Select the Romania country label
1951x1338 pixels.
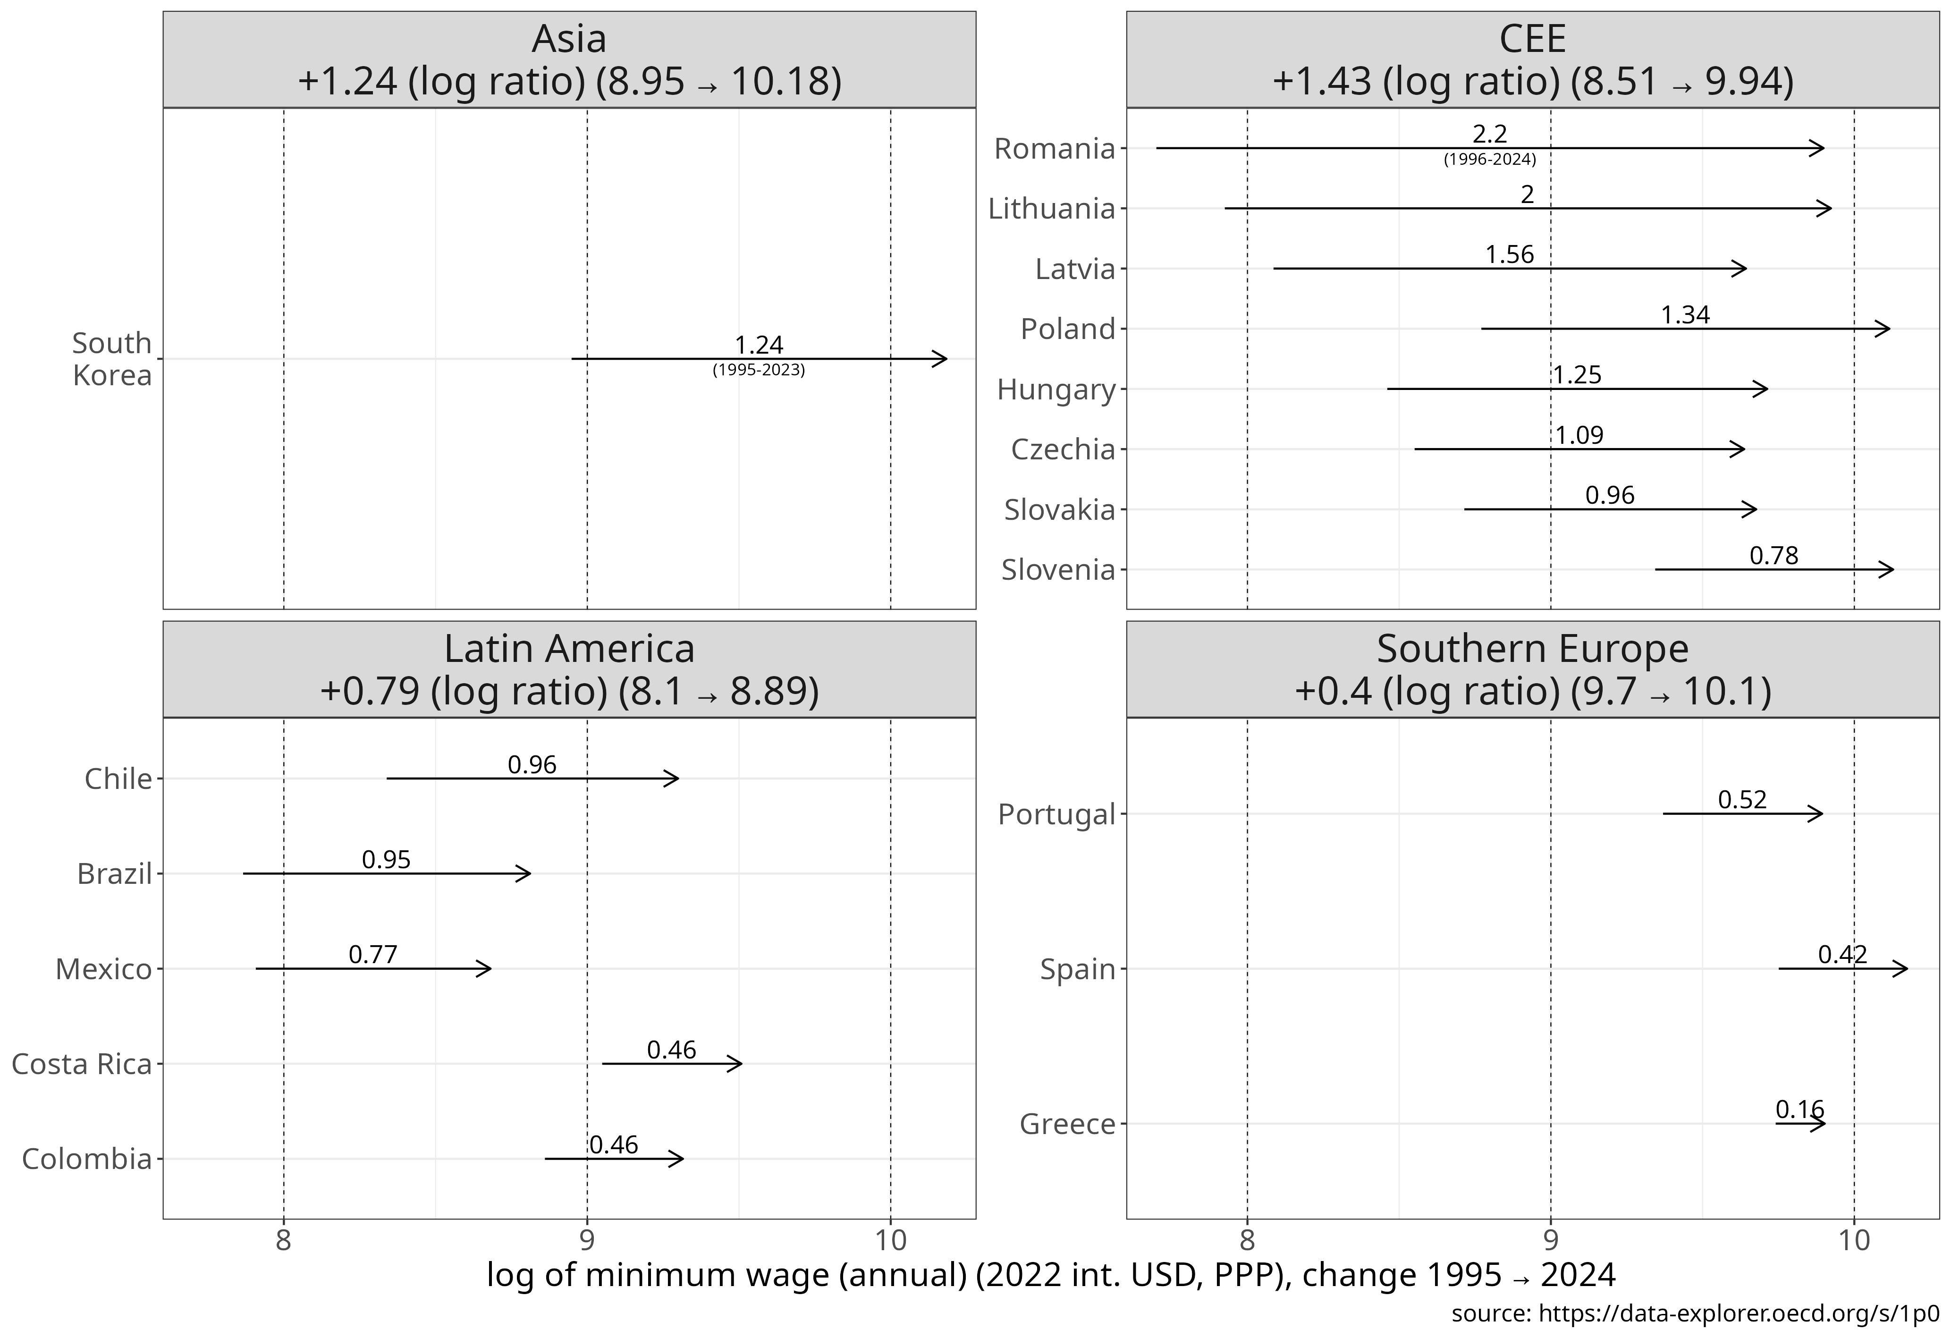[x=1055, y=149]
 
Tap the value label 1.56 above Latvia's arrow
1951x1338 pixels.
[x=1510, y=254]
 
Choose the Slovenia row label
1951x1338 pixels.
[x=1058, y=570]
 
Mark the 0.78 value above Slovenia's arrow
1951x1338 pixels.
[x=1774, y=556]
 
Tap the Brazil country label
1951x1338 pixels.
[x=115, y=874]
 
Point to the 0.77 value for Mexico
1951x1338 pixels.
[x=373, y=954]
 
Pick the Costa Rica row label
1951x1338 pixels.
[x=82, y=1064]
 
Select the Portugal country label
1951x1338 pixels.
[x=1056, y=814]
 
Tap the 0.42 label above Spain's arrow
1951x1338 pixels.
[x=1843, y=954]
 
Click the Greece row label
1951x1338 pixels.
[x=1067, y=1124]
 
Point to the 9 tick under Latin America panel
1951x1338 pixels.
[x=587, y=1240]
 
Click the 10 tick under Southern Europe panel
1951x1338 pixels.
[x=1854, y=1240]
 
